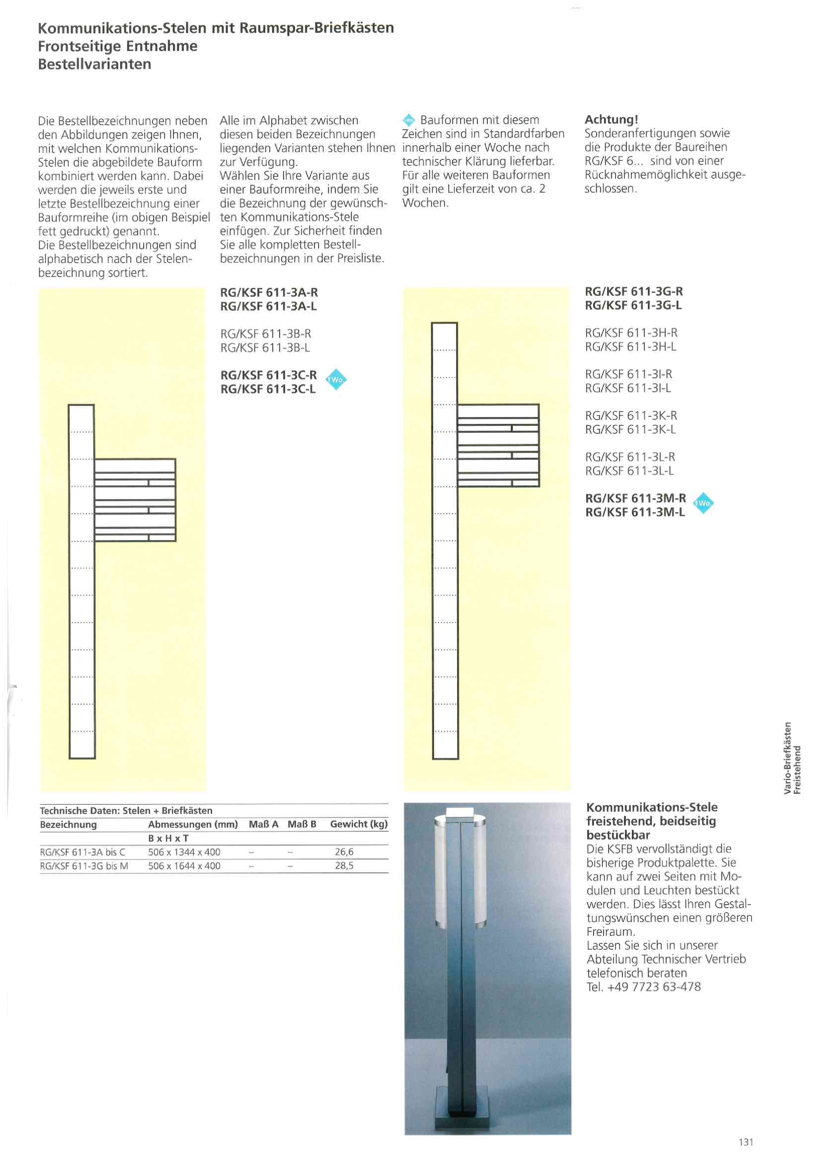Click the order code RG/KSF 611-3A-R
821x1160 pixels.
(x=269, y=292)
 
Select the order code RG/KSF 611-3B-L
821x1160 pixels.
(x=265, y=348)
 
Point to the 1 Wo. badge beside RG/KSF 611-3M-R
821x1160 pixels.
(x=703, y=503)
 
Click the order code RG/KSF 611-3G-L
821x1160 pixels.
(x=633, y=305)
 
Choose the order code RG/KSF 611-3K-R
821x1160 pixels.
(x=631, y=415)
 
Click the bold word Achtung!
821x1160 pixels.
(x=611, y=120)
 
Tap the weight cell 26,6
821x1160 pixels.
(x=344, y=852)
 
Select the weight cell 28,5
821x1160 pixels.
(x=344, y=866)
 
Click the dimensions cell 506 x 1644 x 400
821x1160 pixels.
(x=184, y=866)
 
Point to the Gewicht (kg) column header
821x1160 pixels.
(x=358, y=824)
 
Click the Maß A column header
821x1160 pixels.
(x=263, y=824)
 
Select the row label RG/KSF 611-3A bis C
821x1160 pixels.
(x=83, y=852)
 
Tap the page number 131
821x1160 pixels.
(x=746, y=1142)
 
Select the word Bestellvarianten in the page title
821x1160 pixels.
(x=95, y=64)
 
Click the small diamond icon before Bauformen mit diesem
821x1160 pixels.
(x=408, y=120)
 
